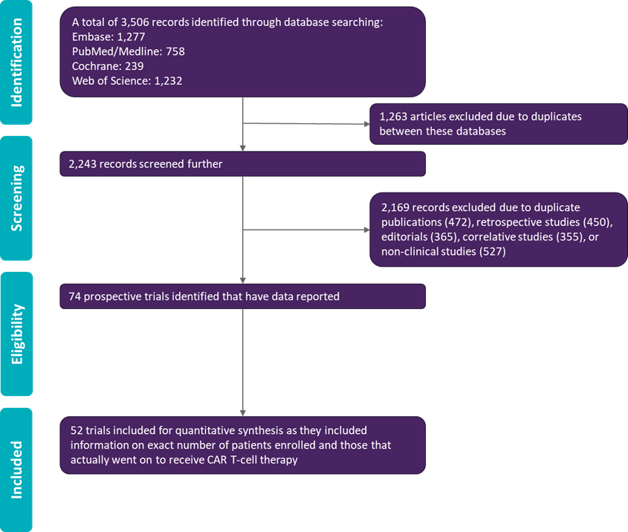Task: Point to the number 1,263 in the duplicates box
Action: (x=395, y=117)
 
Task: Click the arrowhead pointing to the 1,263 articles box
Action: (x=366, y=123)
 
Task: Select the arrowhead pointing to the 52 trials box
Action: (x=243, y=412)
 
